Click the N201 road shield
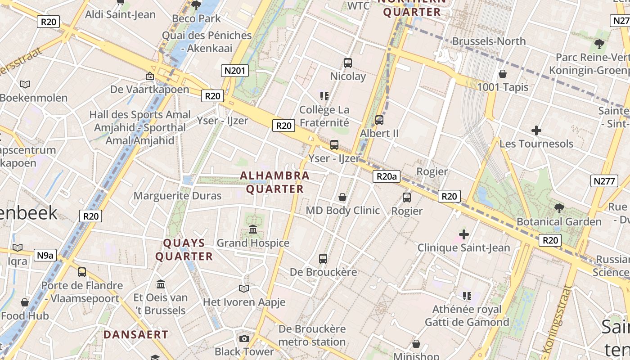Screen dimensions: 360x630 235,70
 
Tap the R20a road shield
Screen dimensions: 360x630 387,176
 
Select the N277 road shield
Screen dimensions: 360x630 603,181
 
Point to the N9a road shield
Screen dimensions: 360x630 45,256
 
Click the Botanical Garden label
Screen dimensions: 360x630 559,221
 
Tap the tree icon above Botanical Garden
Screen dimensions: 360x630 559,208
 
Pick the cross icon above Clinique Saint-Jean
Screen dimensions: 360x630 464,234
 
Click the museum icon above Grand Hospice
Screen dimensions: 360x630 253,229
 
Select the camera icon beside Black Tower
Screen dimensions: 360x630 244,338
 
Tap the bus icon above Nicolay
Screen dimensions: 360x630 348,63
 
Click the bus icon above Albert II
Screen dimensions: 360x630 379,120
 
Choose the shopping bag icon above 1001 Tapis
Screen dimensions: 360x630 503,74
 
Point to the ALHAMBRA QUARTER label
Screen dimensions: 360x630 275,182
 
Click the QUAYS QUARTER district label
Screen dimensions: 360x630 184,250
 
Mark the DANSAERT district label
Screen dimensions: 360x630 135,335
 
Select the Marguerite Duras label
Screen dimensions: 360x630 177,196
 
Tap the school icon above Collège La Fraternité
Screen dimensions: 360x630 324,95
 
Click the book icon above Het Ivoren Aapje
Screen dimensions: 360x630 244,288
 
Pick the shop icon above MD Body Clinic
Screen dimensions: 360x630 342,197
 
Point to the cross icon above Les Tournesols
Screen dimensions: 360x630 536,131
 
